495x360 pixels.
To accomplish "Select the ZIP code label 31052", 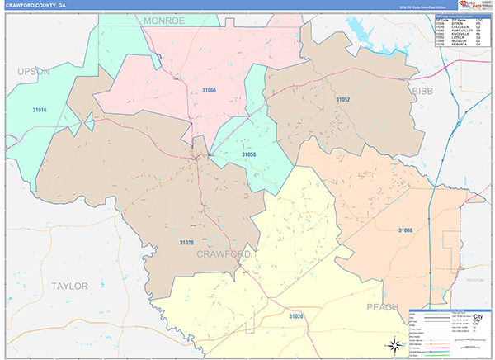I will click(x=343, y=99).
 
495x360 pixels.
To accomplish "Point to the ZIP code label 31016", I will click(x=40, y=110).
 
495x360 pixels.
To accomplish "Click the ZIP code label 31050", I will click(x=248, y=154).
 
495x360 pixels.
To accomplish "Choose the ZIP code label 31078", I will click(x=186, y=242).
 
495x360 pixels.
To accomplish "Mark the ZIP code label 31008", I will click(x=405, y=230).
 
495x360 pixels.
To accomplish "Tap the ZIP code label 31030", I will click(x=296, y=316).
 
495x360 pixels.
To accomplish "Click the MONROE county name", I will click(x=164, y=20).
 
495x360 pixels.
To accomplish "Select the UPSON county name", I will click(x=34, y=72).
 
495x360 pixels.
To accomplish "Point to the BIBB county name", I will click(x=422, y=90).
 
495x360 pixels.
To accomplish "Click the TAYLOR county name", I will click(x=69, y=286).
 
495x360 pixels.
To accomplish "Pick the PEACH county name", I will click(x=383, y=307).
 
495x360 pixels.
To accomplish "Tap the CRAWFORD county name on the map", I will click(x=224, y=254).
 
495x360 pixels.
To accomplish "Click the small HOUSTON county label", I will click(x=474, y=281).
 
